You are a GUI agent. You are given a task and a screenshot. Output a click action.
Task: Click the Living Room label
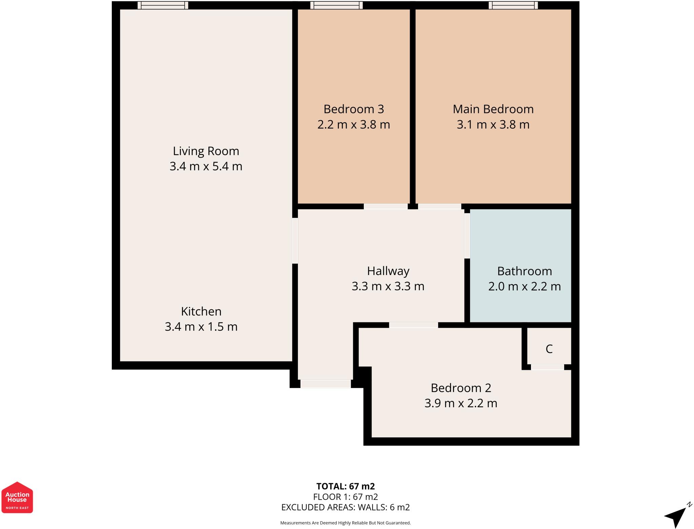(x=206, y=151)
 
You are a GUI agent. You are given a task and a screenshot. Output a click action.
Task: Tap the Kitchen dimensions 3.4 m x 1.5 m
(x=201, y=327)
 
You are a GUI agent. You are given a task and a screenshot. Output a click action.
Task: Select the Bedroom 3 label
(x=353, y=109)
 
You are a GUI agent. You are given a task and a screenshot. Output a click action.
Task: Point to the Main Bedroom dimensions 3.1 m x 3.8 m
(x=493, y=125)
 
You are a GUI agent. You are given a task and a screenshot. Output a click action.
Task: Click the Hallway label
(x=388, y=271)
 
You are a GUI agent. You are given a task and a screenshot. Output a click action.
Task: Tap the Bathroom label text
(x=524, y=271)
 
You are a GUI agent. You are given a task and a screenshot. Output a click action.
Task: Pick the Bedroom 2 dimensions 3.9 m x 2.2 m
(x=461, y=403)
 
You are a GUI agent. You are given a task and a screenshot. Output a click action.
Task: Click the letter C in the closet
(x=549, y=349)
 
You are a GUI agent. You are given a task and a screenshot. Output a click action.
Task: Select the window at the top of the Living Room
(x=163, y=5)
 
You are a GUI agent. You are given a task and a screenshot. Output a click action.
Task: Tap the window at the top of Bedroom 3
(x=336, y=5)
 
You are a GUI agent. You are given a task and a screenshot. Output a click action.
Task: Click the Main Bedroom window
(x=513, y=5)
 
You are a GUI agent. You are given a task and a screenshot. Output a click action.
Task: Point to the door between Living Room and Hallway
(x=295, y=240)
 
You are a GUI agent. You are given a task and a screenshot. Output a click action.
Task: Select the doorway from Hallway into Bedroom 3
(x=386, y=206)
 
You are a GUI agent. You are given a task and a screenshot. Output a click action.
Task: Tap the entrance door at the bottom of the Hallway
(x=325, y=384)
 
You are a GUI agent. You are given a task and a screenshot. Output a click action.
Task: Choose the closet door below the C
(x=547, y=367)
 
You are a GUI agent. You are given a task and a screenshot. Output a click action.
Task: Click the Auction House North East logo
(x=17, y=497)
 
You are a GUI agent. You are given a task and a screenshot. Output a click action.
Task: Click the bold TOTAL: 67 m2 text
(x=345, y=486)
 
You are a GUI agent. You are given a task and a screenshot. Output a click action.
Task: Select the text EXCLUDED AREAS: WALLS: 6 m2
(x=345, y=507)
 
